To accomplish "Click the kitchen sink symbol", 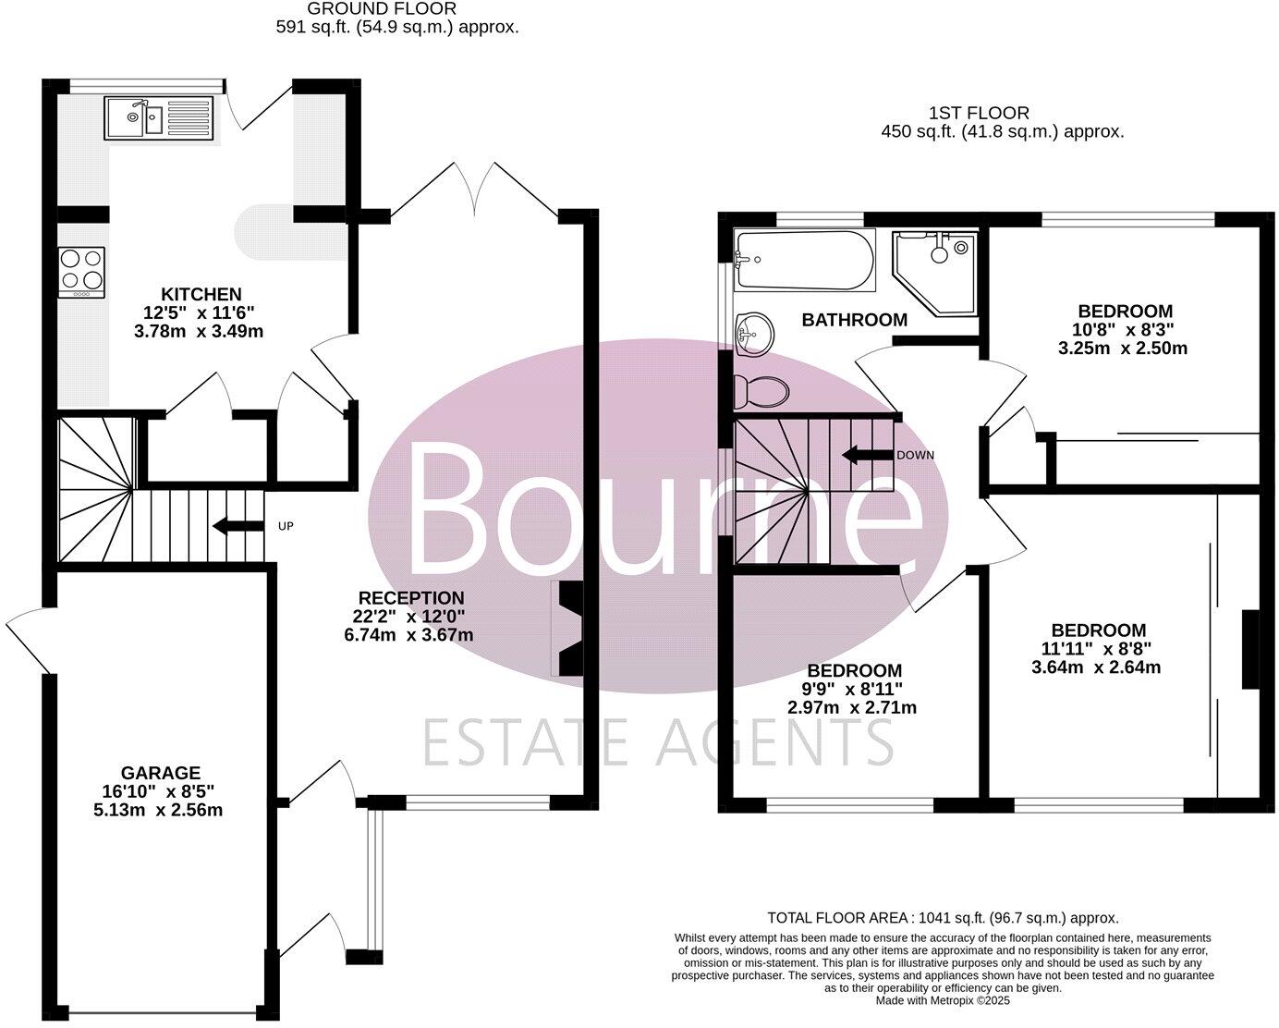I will coord(159,118).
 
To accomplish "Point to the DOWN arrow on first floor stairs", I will coord(862,455).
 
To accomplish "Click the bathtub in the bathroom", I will coord(804,262).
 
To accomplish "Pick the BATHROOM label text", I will coord(854,321).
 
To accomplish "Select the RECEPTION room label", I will coord(411,598).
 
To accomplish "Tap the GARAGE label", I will coord(161,773).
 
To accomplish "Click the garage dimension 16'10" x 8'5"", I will coord(162,791).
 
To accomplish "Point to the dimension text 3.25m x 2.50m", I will coord(1124,349).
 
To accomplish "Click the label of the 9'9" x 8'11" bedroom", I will coord(854,671).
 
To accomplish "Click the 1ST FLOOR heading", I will coord(979,113).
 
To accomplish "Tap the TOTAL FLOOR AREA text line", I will coord(943,918).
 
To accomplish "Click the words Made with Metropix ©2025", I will coord(943,1000).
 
